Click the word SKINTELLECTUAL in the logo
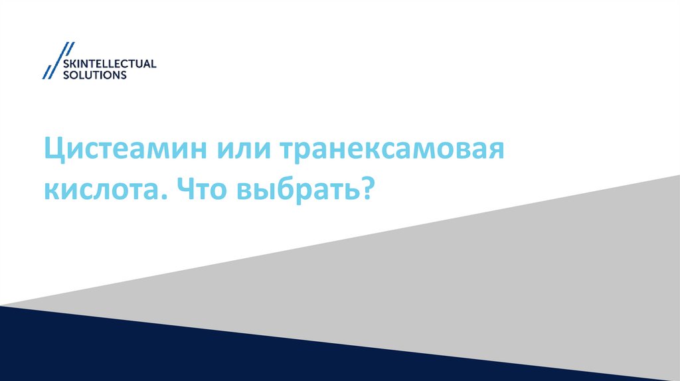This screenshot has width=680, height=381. tap(108, 64)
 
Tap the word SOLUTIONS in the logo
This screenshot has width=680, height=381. tap(94, 76)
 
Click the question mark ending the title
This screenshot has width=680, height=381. tap(365, 190)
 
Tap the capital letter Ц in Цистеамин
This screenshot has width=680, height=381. tap(54, 152)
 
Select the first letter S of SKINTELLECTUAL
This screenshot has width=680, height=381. tap(64, 64)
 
